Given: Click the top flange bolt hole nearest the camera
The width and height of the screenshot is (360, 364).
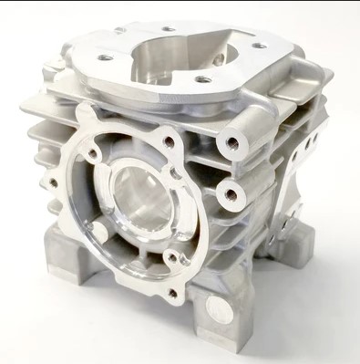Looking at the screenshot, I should (202, 80).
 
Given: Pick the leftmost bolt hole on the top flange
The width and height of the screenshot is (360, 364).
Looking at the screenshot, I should (107, 57).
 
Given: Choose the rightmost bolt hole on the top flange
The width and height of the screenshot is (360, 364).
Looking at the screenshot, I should (261, 46).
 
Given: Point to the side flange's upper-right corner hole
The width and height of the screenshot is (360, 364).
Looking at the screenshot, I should (169, 141).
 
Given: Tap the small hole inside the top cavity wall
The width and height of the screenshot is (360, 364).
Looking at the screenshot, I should (218, 58).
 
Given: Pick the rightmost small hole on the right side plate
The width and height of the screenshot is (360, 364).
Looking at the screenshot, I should (314, 141).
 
